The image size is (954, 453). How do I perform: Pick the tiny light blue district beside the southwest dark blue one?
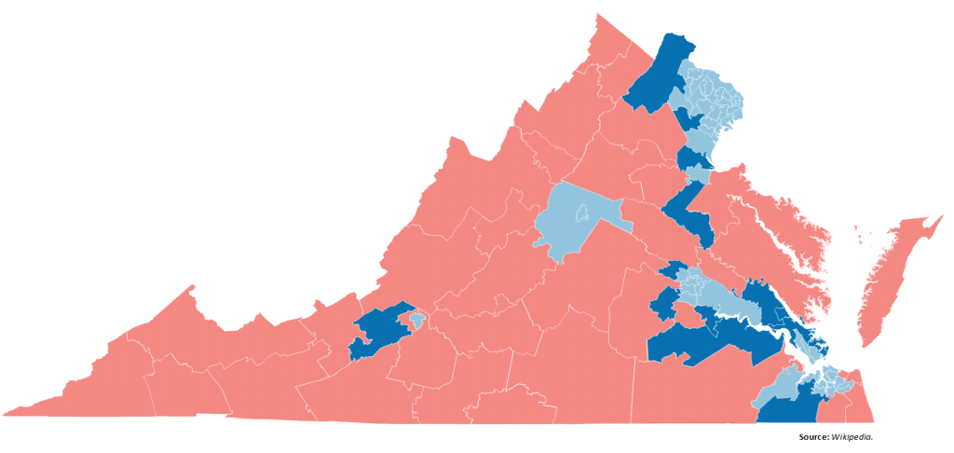(x=418, y=320)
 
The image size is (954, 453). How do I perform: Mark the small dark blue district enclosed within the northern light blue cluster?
(x=690, y=119)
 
